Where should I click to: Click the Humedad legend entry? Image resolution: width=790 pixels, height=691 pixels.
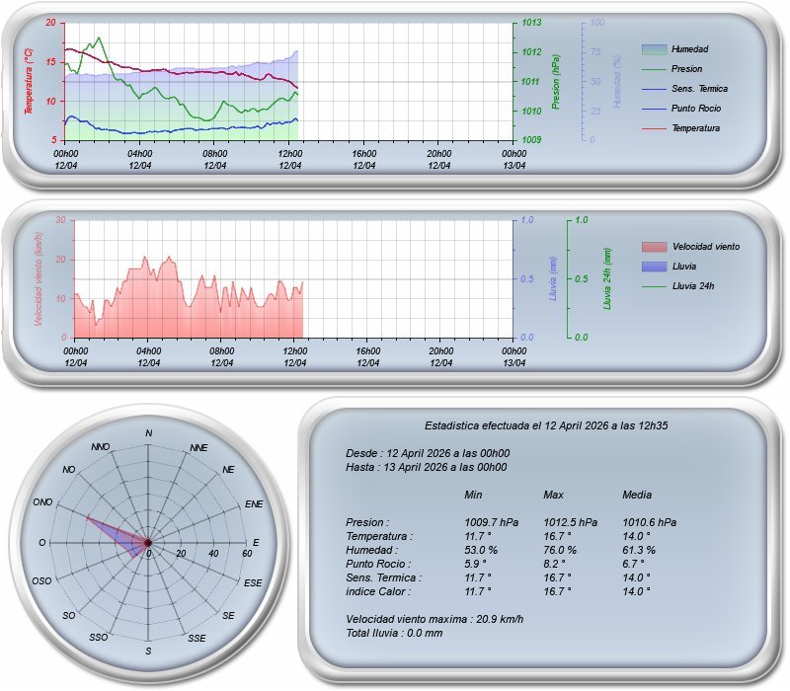click(689, 48)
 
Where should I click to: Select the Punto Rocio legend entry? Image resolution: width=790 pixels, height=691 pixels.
click(695, 108)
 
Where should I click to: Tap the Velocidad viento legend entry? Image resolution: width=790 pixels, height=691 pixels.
click(705, 246)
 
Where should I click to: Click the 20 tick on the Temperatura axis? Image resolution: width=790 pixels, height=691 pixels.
click(51, 23)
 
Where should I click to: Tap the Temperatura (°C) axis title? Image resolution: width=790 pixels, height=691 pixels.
click(30, 81)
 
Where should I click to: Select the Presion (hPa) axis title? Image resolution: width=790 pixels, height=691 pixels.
click(557, 81)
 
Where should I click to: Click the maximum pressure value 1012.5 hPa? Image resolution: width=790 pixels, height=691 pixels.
click(570, 522)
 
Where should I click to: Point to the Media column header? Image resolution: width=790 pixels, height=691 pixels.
click(637, 495)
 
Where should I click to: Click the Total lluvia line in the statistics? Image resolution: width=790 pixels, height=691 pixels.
click(394, 633)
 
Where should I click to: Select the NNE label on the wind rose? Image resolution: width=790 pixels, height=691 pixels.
click(198, 448)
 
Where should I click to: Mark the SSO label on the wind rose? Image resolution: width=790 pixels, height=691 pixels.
click(99, 638)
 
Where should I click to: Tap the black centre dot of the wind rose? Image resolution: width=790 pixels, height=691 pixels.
click(148, 543)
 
